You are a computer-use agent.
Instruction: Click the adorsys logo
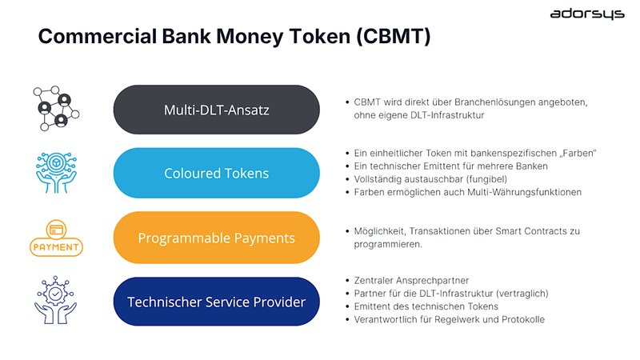click(586, 14)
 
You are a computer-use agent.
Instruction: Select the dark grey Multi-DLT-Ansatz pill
click(216, 110)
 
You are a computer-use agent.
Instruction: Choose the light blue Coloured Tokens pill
click(216, 173)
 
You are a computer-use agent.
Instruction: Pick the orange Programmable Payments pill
click(216, 238)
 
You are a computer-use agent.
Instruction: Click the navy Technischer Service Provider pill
click(216, 302)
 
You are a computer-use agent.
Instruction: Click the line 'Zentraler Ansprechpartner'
click(412, 281)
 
